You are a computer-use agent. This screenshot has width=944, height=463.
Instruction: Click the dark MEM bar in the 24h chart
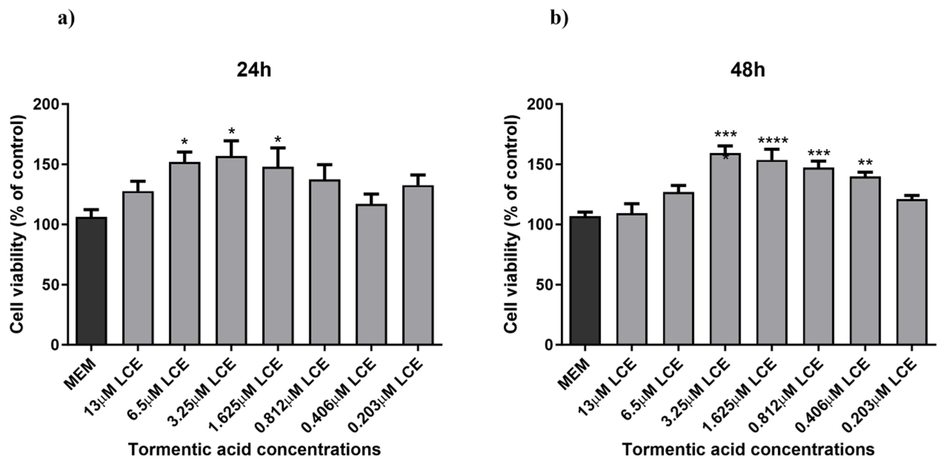[x=92, y=281]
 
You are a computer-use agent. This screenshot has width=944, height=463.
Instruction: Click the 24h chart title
[x=254, y=70]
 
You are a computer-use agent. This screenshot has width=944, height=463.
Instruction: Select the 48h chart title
[x=748, y=70]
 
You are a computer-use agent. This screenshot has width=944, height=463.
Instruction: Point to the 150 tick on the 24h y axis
[x=50, y=164]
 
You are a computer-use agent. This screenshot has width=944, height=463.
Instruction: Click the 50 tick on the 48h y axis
[x=544, y=285]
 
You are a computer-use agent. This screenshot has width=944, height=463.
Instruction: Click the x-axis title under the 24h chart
[x=254, y=449]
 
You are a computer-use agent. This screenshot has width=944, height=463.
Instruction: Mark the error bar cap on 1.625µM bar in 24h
[x=278, y=148]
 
